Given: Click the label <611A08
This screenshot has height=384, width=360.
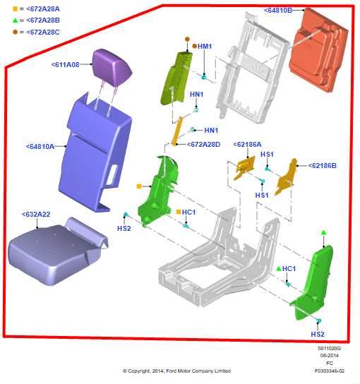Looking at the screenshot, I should [66, 64].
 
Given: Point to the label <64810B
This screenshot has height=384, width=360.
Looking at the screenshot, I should [283, 11].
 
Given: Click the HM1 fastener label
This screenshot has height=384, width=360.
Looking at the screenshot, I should [205, 46].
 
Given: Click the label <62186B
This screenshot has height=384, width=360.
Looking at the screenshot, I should [323, 166].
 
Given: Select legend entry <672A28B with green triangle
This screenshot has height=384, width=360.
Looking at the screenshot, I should [35, 20].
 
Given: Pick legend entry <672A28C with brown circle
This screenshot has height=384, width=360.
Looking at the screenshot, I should [35, 32].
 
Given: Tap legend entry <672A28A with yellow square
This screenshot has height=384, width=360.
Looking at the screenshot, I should [35, 8].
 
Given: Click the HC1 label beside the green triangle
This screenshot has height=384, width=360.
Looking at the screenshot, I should [289, 269].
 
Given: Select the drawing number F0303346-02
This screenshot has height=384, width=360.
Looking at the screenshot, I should [330, 370].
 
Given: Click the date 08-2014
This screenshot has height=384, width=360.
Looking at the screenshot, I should [330, 355].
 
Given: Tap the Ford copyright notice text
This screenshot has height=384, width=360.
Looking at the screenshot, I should [176, 371].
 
